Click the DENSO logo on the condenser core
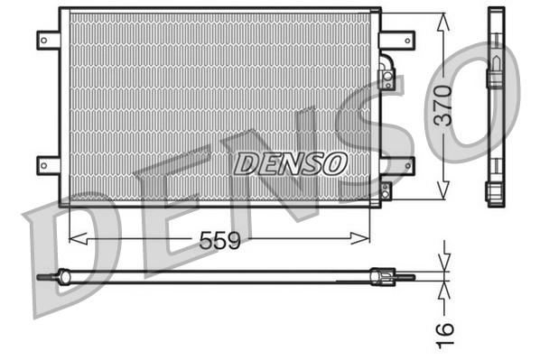point(290,163)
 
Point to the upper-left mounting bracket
point(47,40)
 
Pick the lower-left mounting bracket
point(47,164)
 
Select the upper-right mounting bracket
point(397,40)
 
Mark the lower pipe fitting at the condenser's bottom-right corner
point(386,191)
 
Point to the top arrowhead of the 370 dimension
point(442,20)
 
